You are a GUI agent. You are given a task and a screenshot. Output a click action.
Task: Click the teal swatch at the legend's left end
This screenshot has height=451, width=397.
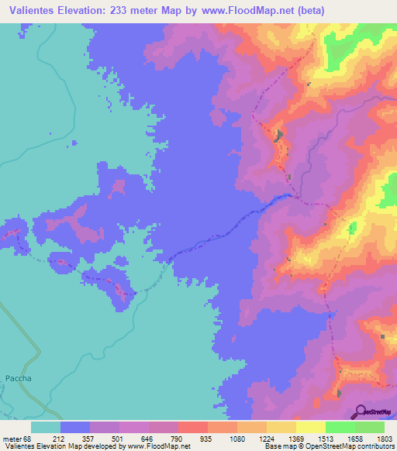click(x=46, y=427)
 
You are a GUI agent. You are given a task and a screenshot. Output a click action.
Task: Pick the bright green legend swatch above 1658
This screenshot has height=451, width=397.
click(x=340, y=427)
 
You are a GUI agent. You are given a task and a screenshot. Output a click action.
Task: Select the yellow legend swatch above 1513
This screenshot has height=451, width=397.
click(x=310, y=427)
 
